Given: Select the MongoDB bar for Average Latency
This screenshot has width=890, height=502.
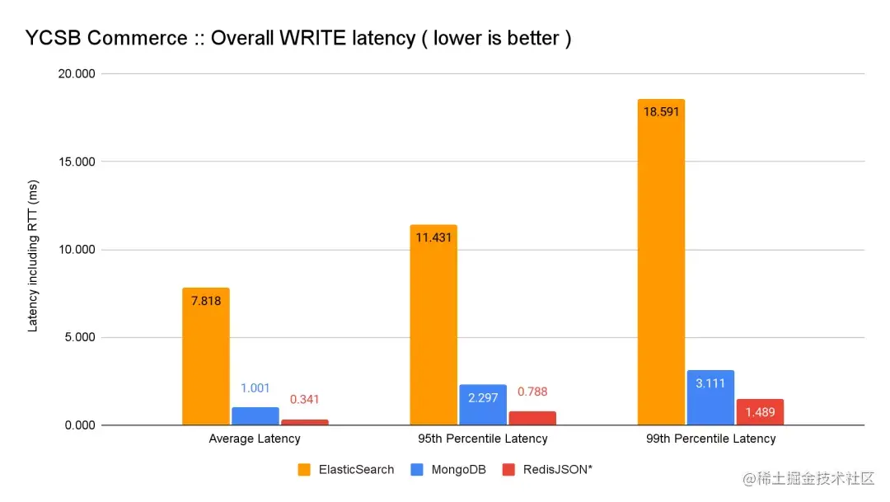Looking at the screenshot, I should (x=255, y=416).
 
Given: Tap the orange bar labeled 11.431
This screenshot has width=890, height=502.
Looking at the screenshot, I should (x=433, y=325).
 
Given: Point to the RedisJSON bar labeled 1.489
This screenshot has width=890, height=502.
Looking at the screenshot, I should (x=760, y=412).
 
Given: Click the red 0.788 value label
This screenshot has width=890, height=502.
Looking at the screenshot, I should (x=532, y=392).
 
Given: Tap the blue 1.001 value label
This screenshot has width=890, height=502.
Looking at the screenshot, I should (x=255, y=388).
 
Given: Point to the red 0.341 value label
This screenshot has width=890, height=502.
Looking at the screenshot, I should (x=304, y=400).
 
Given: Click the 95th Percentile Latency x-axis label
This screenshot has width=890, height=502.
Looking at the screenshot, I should (x=483, y=439).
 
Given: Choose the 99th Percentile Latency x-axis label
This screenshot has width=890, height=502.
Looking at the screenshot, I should (x=710, y=439).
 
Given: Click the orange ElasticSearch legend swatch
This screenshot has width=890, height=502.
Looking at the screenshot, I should (x=303, y=470).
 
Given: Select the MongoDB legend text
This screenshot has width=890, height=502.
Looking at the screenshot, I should (x=457, y=470).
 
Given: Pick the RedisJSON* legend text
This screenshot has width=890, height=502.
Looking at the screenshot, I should (x=558, y=470).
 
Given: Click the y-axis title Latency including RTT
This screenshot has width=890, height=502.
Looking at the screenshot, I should (x=33, y=255).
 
